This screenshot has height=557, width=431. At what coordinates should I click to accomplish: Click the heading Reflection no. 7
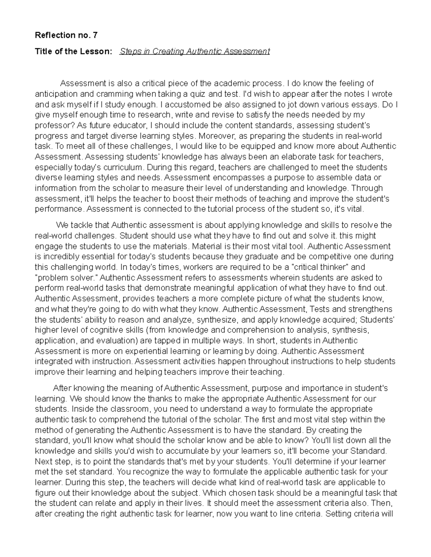tap(66, 35)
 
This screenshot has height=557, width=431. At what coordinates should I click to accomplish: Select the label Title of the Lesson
tap(73, 51)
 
